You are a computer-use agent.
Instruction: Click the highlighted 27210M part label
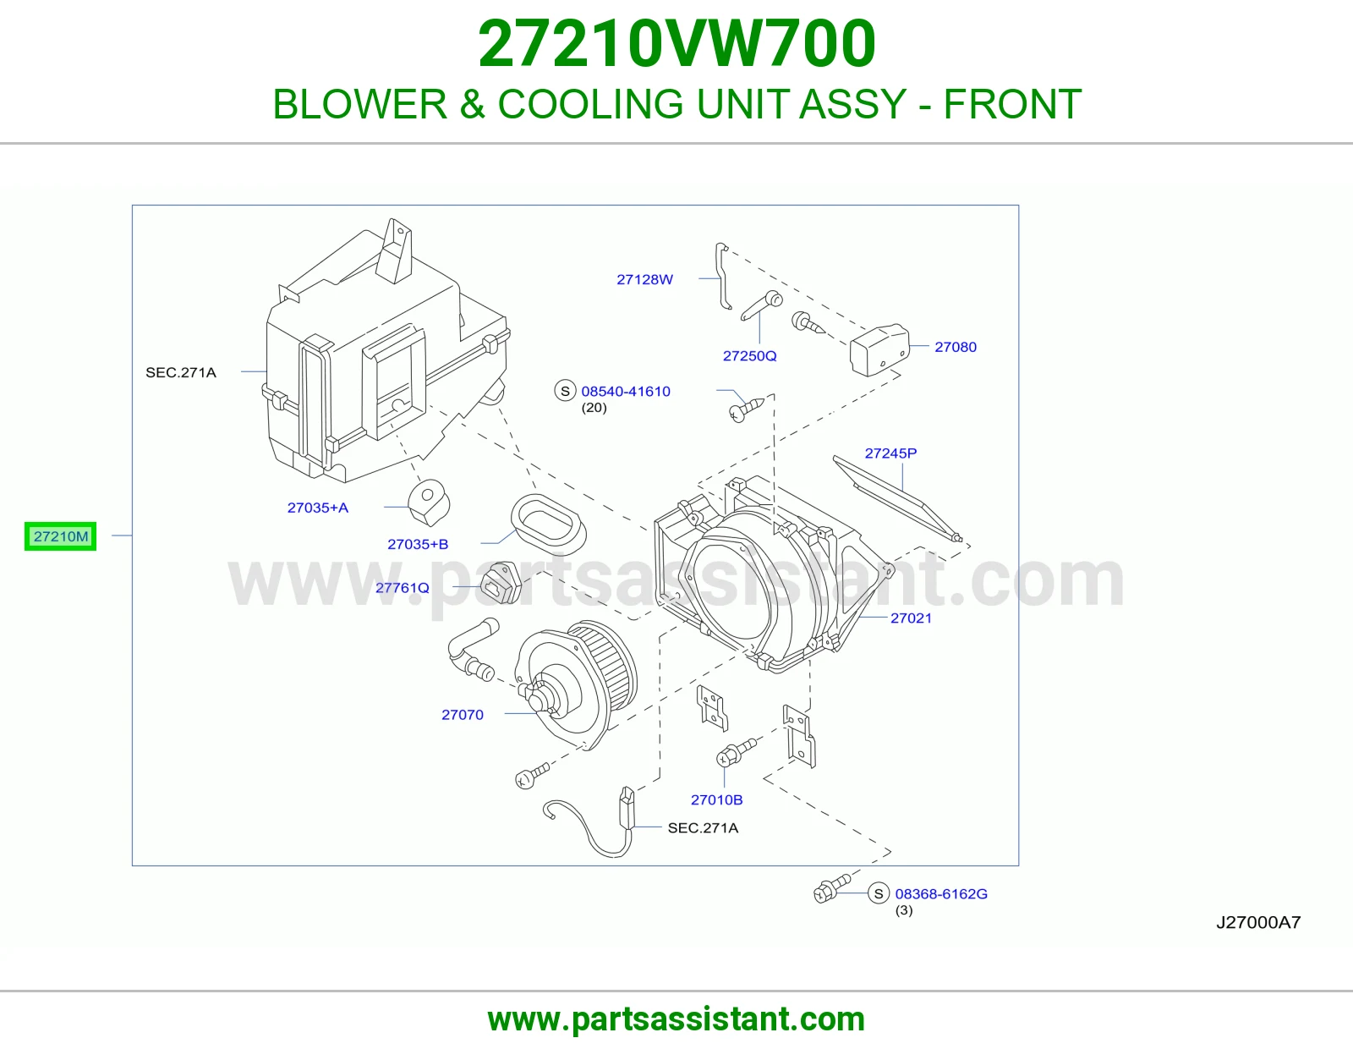coord(60,536)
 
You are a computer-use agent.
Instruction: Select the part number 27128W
coord(644,280)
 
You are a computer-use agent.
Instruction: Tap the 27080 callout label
coord(955,347)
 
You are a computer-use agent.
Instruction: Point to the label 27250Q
coord(750,356)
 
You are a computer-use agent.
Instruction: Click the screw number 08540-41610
coord(626,391)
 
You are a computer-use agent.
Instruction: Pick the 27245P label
coord(890,453)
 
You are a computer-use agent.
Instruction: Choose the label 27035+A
coord(318,508)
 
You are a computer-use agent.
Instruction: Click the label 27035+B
coord(418,545)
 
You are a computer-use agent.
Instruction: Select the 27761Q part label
coord(403,588)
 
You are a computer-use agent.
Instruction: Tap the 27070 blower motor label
coord(462,715)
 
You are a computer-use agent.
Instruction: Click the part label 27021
coord(911,618)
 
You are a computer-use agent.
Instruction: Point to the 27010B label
coord(716,799)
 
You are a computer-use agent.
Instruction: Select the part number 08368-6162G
coord(941,894)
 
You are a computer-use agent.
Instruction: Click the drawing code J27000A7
coord(1258,923)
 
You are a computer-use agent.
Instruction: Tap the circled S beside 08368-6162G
coord(879,894)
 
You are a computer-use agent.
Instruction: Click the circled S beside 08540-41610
coord(565,391)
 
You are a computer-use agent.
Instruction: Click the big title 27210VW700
coord(676,43)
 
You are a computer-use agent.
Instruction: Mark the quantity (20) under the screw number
coord(594,408)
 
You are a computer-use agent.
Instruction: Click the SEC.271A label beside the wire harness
coord(703,828)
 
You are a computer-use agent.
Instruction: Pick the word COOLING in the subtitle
coord(591,104)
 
